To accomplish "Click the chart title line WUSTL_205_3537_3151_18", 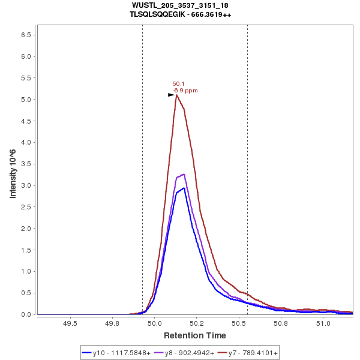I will pos(180,5).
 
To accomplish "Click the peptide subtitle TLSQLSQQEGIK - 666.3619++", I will pos(180,14).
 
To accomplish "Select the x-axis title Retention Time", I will pos(195,335).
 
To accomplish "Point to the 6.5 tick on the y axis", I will pos(26,35).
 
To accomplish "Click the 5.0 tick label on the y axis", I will pos(26,100).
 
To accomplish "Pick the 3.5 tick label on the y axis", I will pos(26,164).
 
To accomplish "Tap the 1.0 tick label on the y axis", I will pos(26,271).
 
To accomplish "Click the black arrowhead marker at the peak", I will pos(171,95).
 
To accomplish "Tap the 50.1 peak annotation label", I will pos(179,84).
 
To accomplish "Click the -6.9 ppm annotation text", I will pos(185,91).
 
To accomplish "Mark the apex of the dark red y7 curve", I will pos(176,95).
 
